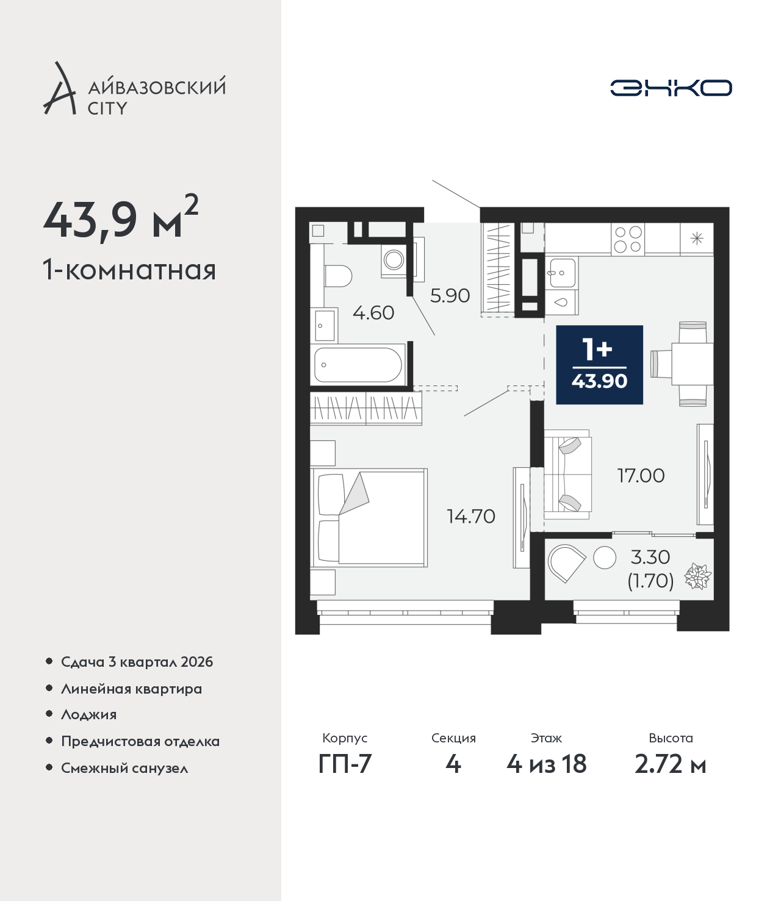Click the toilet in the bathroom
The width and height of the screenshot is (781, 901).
(x=338, y=276)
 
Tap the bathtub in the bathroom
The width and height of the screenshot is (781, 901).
(x=358, y=364)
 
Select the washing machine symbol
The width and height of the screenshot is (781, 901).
(x=394, y=260)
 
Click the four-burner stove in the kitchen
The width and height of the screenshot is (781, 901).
(x=627, y=239)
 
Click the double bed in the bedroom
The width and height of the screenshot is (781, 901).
(x=369, y=517)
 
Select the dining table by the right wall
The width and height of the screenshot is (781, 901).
(x=693, y=364)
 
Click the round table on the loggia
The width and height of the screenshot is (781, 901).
(x=605, y=558)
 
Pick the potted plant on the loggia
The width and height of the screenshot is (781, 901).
(x=697, y=576)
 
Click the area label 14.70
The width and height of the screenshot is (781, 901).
(x=471, y=517)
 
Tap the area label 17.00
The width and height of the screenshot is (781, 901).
(x=641, y=476)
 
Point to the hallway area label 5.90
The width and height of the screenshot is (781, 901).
(x=450, y=295)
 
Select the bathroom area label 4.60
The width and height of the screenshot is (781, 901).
(x=373, y=312)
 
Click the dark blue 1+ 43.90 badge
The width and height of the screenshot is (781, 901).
(x=600, y=364)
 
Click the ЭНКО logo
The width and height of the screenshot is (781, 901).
(x=671, y=88)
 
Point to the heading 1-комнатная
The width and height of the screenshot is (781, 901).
(x=129, y=270)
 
